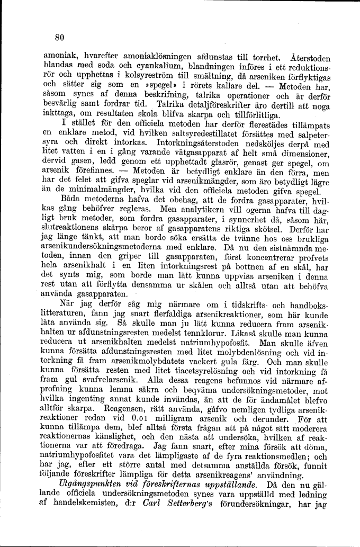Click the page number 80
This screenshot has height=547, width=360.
coord(59,37)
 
